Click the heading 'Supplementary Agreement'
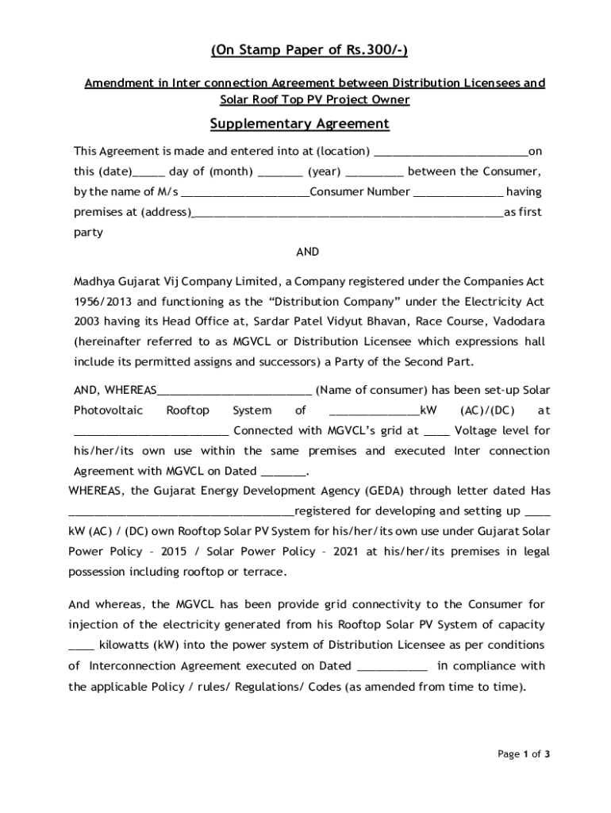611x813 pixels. click(x=299, y=124)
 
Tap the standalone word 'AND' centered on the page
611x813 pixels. click(x=307, y=252)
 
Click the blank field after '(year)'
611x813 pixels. click(x=375, y=172)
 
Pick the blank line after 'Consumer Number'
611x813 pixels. click(x=458, y=192)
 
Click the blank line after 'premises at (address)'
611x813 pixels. click(x=348, y=213)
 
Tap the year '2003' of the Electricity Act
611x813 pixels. click(x=86, y=322)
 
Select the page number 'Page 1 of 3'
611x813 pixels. click(x=524, y=754)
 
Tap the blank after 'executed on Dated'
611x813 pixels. click(x=393, y=666)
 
